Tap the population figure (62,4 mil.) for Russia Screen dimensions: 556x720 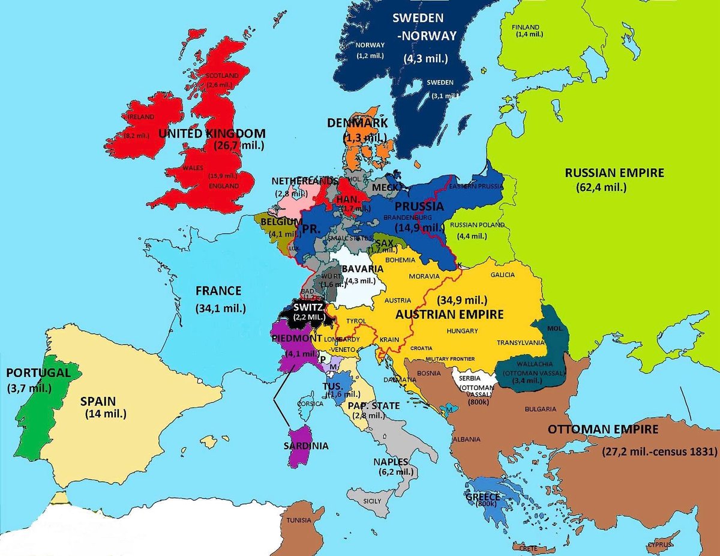(x=601, y=187)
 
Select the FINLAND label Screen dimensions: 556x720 (x=526, y=27)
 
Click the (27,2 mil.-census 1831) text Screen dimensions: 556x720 (x=659, y=452)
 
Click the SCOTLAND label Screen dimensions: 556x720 (x=222, y=76)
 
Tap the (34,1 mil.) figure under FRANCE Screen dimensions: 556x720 (x=218, y=309)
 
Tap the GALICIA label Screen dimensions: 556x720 (x=502, y=274)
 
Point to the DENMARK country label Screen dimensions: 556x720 (x=357, y=123)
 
